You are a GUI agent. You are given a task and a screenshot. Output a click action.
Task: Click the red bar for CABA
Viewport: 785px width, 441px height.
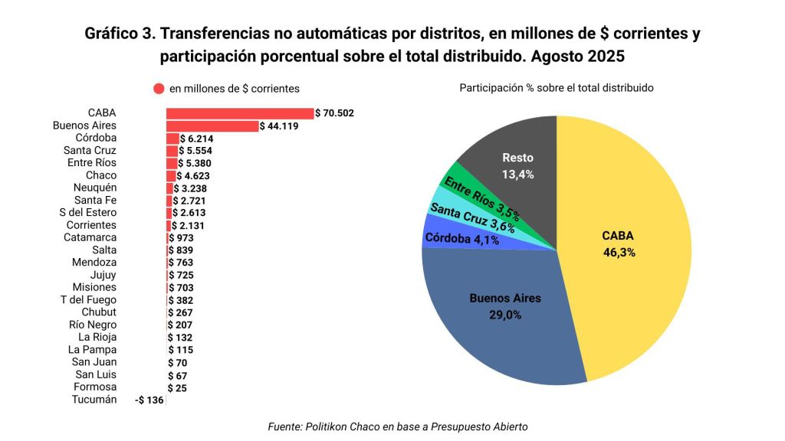coord(240,113)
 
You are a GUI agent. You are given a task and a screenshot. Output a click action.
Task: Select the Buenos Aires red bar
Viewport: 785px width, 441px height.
coord(212,126)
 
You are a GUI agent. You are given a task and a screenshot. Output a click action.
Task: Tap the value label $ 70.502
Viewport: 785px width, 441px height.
coord(335,113)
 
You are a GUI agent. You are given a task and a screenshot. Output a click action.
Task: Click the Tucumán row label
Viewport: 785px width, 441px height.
coord(94,400)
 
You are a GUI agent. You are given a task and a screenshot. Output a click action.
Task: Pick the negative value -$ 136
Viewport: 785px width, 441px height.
coord(149,400)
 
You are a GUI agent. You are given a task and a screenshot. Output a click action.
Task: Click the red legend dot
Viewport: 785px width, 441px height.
coord(159,89)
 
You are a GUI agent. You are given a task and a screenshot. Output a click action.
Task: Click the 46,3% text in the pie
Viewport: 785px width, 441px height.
coord(619,252)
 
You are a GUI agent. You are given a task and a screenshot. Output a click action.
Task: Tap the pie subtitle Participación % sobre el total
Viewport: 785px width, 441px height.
coord(556,88)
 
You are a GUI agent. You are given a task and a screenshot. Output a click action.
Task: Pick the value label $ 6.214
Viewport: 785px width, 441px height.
coord(197,139)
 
